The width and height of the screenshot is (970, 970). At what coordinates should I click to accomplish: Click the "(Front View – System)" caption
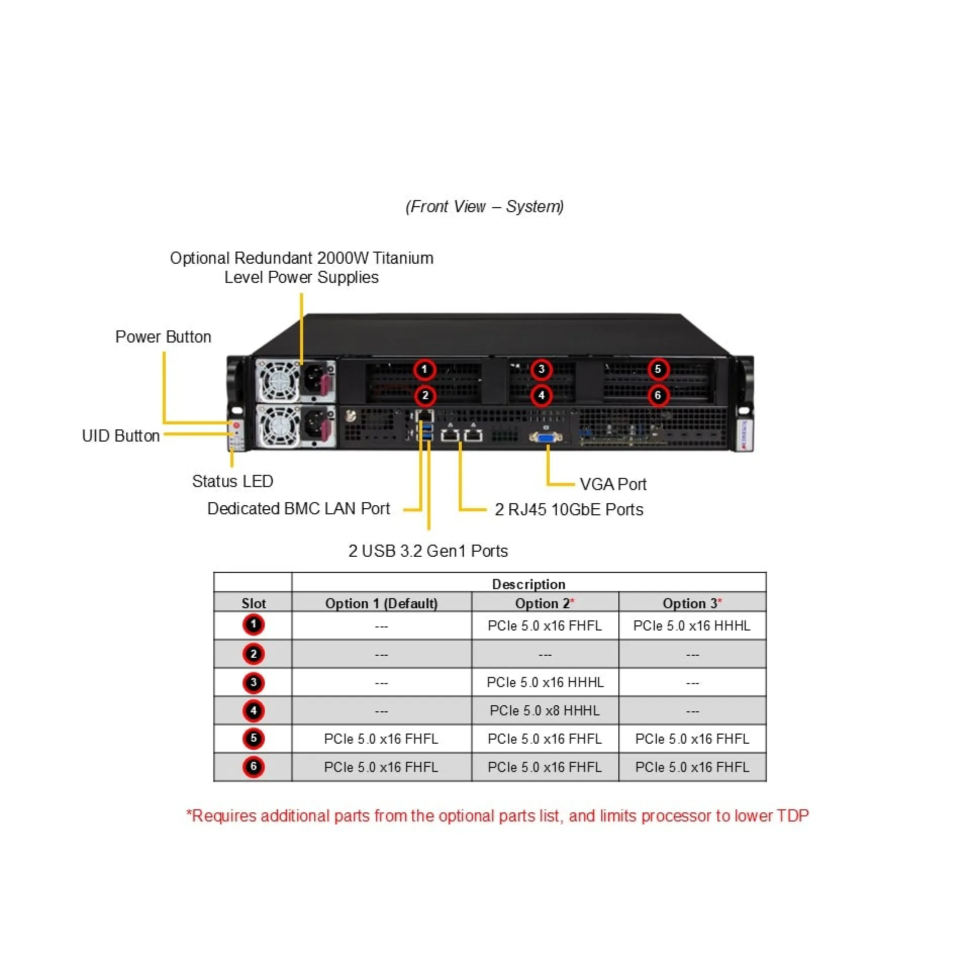pos(484,207)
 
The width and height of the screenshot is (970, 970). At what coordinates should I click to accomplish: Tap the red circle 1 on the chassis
pos(424,369)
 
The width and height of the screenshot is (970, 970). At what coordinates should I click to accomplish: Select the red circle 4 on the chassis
pos(542,395)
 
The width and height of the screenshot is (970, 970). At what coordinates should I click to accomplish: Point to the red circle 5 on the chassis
pos(658,369)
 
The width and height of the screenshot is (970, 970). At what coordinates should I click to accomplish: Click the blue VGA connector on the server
pos(546,437)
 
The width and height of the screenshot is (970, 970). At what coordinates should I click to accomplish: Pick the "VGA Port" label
pos(613,484)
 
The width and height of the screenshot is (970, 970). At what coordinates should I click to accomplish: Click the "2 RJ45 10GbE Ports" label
pos(569,510)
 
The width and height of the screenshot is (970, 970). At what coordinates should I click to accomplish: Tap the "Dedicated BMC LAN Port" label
pos(299,509)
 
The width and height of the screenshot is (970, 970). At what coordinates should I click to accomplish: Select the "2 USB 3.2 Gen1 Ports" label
pos(428,551)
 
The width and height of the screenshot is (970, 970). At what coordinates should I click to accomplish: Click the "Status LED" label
pos(232,481)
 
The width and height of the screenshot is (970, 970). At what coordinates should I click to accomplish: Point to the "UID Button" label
pos(121,436)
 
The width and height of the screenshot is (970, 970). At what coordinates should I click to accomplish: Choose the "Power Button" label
pos(163,337)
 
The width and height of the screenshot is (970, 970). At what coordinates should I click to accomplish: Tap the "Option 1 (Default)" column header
pos(381,603)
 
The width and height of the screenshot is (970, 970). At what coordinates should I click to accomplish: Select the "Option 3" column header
pos(692,603)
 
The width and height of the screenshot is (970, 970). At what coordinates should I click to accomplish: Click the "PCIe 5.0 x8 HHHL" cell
pos(545,711)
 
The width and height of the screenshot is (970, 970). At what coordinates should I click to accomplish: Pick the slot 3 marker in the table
pos(254,683)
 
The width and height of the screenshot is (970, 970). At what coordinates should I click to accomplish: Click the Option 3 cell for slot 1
pos(692,626)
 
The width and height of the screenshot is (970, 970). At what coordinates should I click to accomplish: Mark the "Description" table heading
pos(528,584)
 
